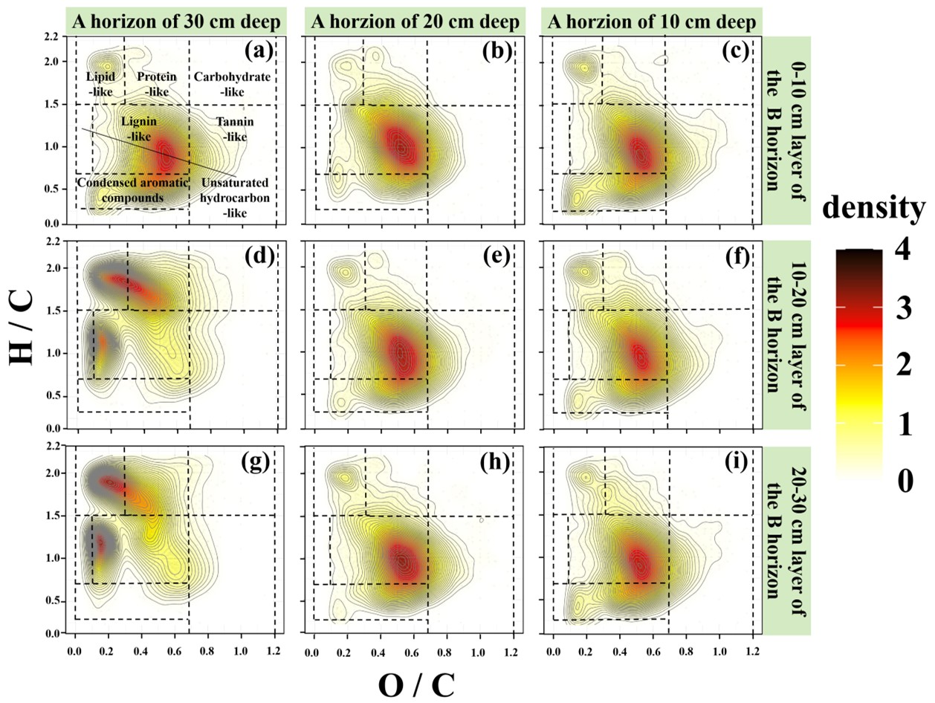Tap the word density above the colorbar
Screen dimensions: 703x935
coord(873,210)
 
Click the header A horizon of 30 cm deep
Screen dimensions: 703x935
coord(178,22)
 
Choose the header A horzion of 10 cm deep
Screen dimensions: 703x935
coord(652,22)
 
